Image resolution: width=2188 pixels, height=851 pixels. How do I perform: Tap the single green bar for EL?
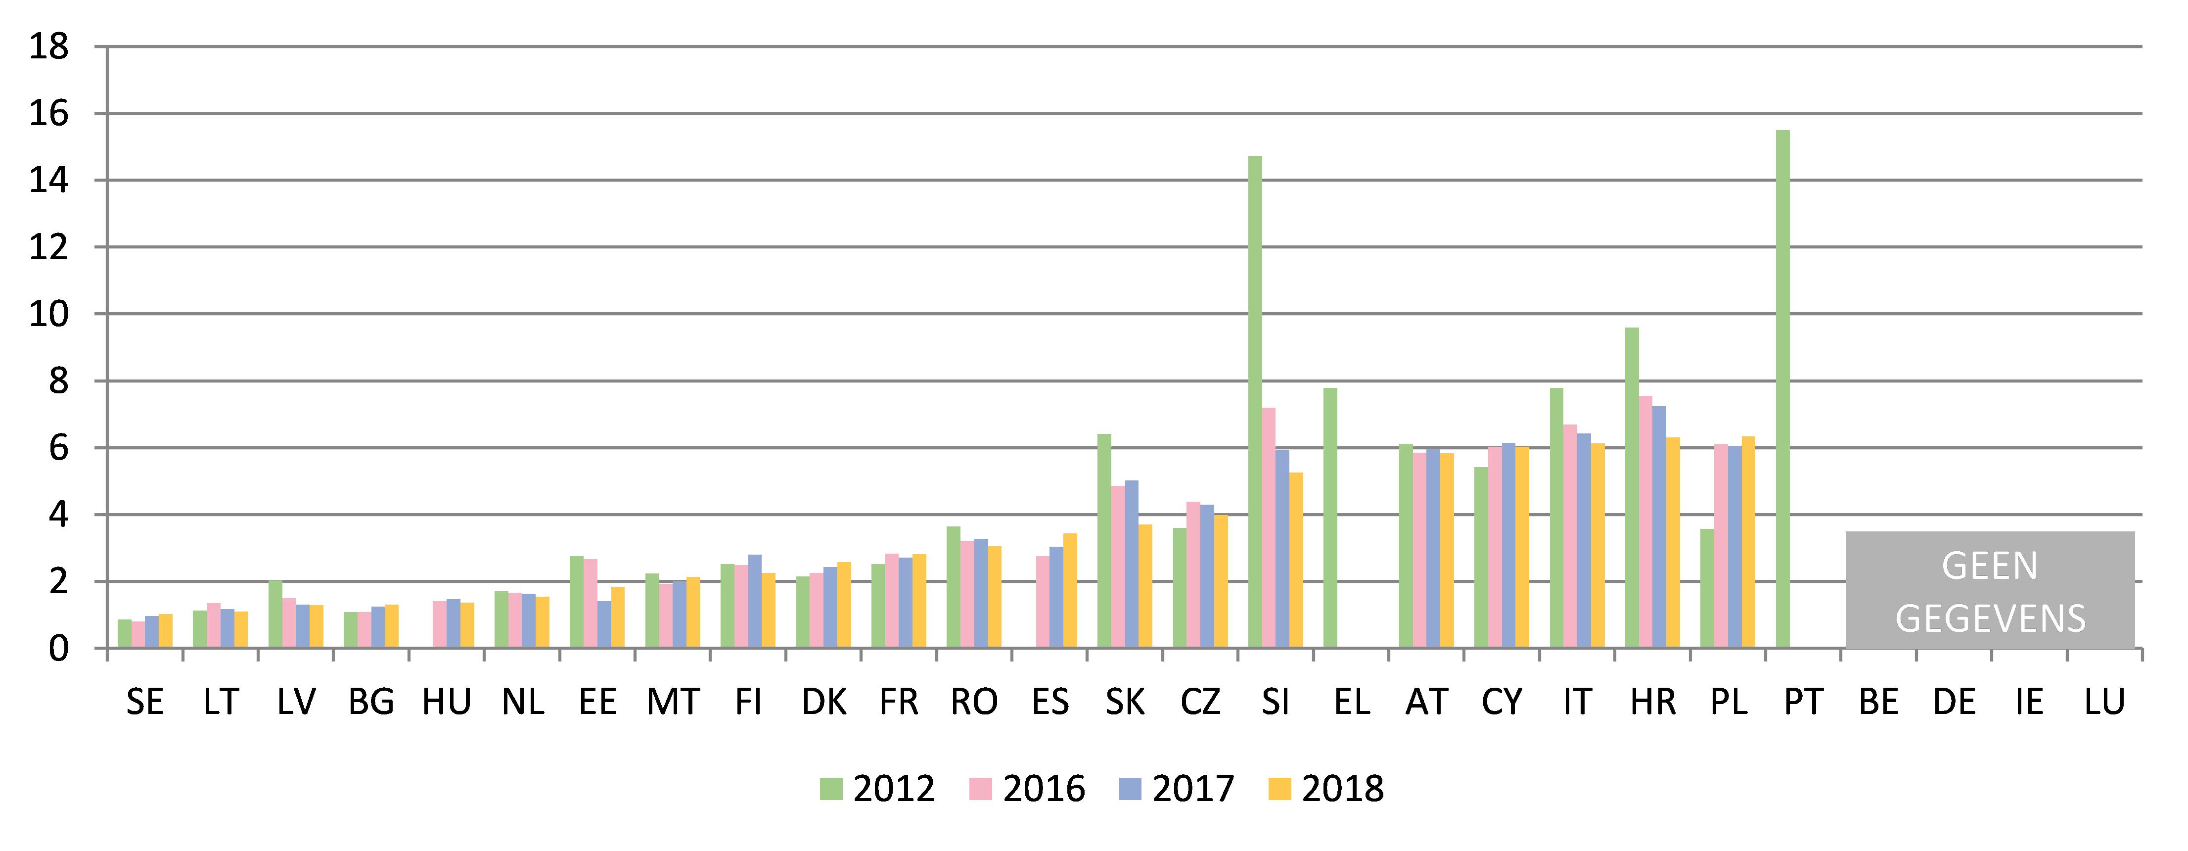(1330, 518)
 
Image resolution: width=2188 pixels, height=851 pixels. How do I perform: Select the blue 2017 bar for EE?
(604, 625)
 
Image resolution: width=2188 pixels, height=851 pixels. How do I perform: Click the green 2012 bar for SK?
(1104, 541)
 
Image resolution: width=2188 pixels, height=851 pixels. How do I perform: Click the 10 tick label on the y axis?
(48, 314)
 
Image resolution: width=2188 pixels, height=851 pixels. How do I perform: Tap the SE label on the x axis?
(145, 703)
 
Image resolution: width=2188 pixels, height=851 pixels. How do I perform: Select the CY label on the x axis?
(1502, 703)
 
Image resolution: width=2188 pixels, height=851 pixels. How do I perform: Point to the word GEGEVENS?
(1990, 619)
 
